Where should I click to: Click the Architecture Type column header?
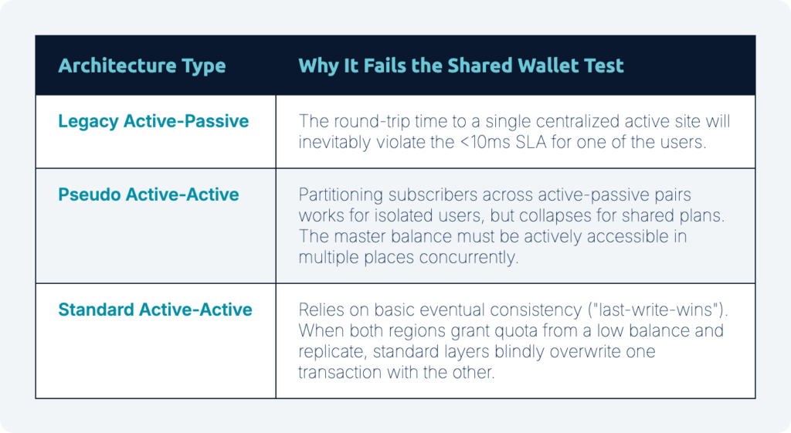(x=142, y=66)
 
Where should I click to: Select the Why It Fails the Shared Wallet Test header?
(x=461, y=66)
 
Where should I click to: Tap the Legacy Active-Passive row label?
(x=154, y=121)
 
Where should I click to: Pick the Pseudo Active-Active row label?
(x=148, y=195)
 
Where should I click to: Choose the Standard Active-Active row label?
(x=154, y=310)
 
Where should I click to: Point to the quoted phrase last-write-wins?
(x=656, y=310)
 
